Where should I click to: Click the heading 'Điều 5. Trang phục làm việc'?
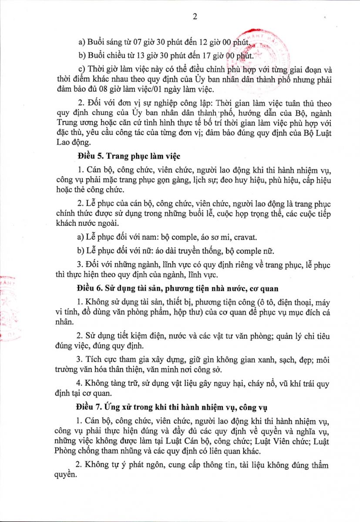coord(129,155)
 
